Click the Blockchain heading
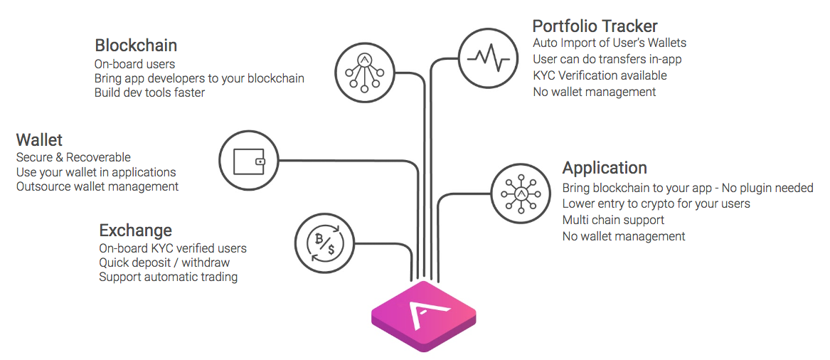point(136,46)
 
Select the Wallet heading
point(39,139)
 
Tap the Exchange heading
point(135,231)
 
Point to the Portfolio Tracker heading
point(595,26)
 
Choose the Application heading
point(605,168)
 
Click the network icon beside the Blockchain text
point(365,72)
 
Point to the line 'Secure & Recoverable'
point(73,157)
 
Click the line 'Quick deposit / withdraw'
point(164,263)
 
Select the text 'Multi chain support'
point(613,220)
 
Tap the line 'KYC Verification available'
point(600,75)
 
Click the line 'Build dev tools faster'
point(149,92)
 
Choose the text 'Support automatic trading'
point(168,277)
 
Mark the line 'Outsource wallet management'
point(97,187)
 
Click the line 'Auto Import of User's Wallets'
point(610,43)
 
